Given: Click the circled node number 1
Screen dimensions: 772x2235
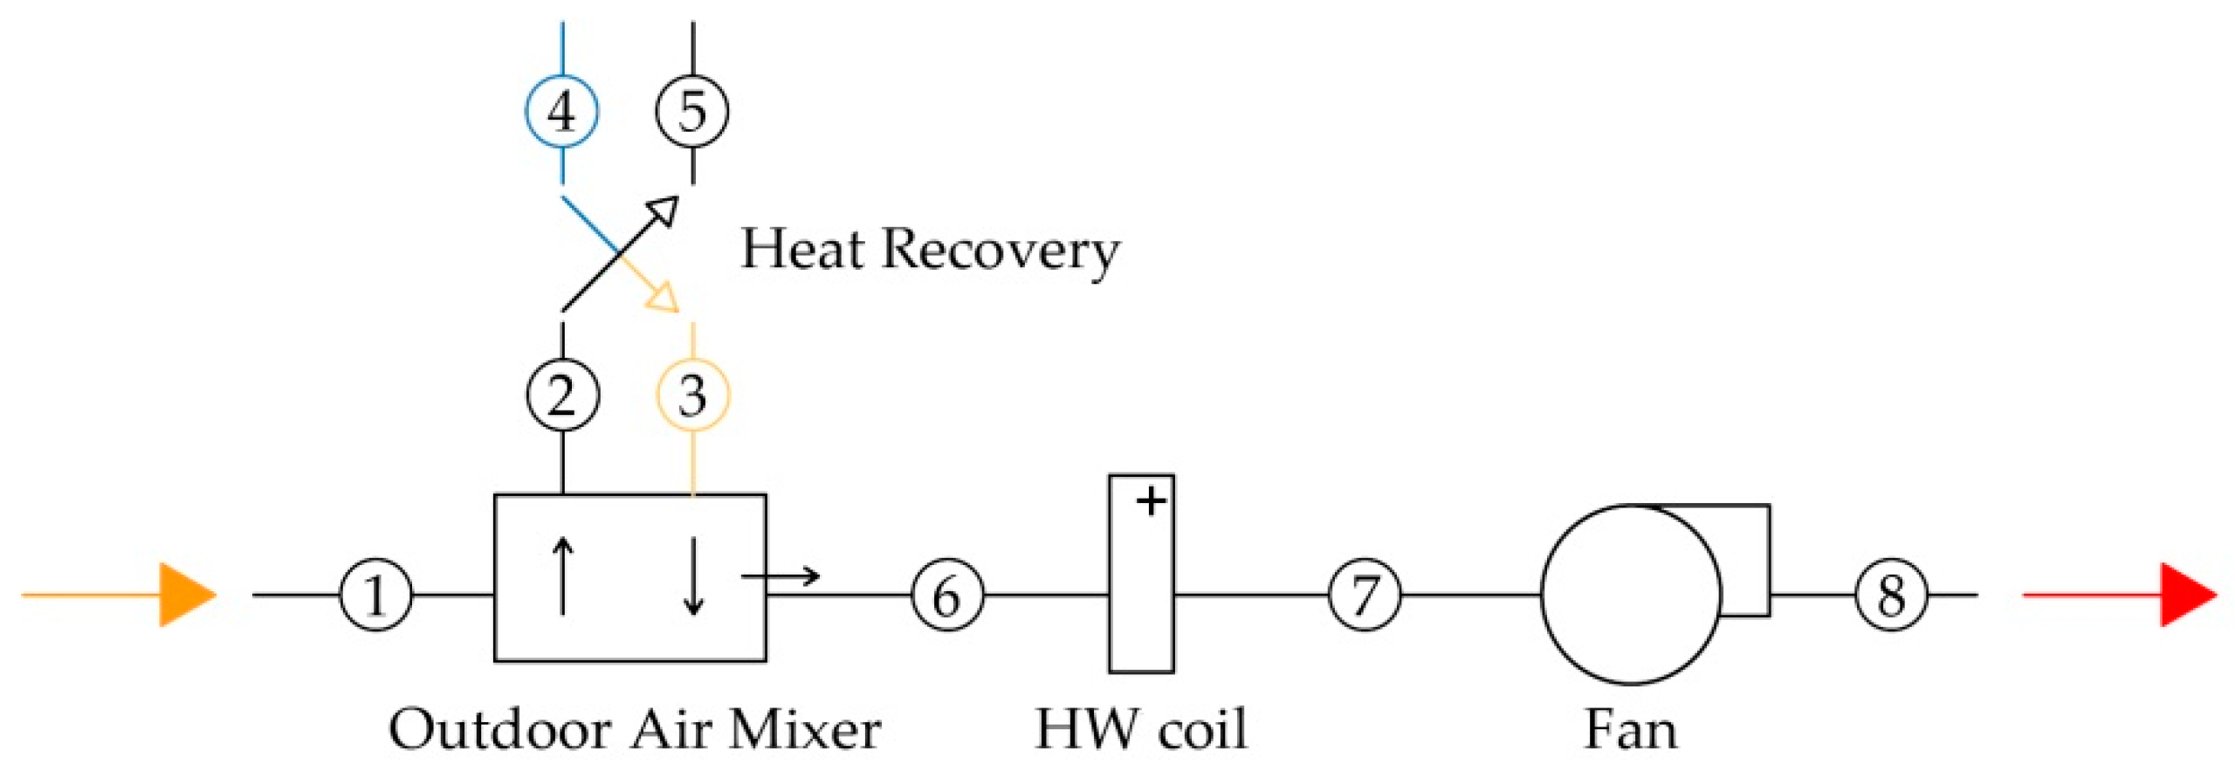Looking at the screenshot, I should pos(375,596).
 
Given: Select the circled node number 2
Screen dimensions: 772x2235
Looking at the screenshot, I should pos(562,395).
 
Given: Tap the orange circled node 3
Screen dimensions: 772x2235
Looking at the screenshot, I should pos(692,395).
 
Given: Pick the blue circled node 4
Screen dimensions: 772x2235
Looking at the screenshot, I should pos(561,111).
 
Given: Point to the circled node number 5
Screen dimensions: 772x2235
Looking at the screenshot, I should pos(692,111).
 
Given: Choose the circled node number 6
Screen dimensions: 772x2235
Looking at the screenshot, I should pos(947,596).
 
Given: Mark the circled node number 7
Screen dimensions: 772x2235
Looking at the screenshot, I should pos(1365,596).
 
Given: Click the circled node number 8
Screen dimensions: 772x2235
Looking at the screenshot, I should pos(1891,596).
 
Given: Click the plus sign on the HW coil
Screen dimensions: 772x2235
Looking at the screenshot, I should pos(1152,501).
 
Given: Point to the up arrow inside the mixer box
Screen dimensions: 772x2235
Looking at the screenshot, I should pos(563,576).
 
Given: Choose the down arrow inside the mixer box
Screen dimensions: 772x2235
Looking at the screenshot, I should pos(693,576).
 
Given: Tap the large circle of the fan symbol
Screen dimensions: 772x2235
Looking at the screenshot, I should pos(1631,595).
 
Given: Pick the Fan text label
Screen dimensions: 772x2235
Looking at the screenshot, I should pos(1630,730).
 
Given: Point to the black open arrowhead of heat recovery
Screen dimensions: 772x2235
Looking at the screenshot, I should pos(664,210).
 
